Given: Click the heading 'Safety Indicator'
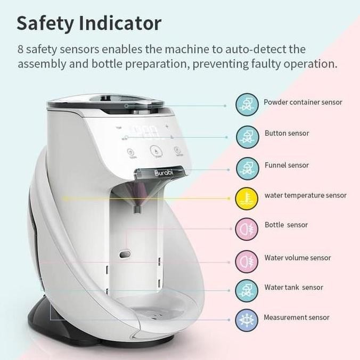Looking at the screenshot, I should pos(89,23).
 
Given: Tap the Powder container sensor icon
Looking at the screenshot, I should pos(247,103).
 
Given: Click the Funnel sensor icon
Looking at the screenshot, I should pos(247,167).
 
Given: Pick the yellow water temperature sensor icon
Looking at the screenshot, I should pos(247,198).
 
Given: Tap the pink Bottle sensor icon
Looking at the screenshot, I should pos(247,228).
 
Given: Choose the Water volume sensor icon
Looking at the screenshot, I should pos(247,260).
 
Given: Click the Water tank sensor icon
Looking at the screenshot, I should pos(247,290).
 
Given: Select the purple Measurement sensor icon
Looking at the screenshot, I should pos(247,321).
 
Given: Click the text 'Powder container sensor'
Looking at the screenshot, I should pos(302,102).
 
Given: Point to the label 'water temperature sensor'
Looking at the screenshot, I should pos(305,195).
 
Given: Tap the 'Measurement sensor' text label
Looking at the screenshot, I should pos(296,317).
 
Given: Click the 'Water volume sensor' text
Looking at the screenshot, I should pos(297,258).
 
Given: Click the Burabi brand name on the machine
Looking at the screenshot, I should pos(164,173).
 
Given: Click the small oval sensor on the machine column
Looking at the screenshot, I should pos(126,255).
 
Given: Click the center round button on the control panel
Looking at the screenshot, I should pos(154,150).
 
